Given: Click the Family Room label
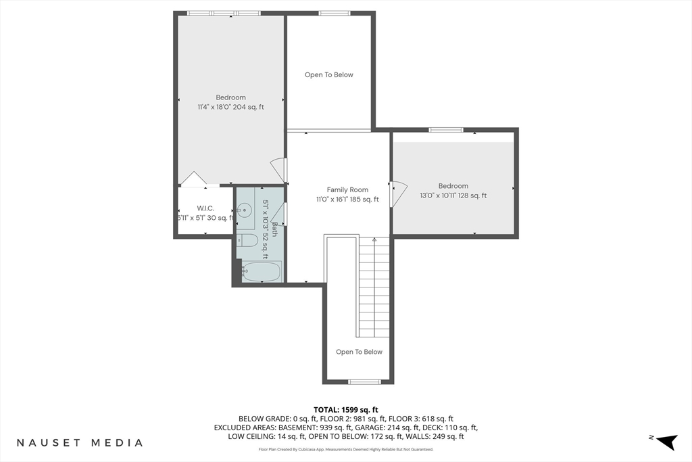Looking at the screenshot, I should [x=347, y=190].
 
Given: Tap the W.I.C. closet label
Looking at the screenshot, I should [x=205, y=208].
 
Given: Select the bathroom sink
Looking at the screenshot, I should [x=245, y=209].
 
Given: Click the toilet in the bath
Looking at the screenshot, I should [x=247, y=240].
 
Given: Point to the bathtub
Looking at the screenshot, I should [x=261, y=271].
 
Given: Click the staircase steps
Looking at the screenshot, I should [x=374, y=287].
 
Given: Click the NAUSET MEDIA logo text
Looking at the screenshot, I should [x=80, y=443].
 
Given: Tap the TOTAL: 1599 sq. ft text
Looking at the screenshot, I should [x=346, y=409].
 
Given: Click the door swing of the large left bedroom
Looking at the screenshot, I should [x=278, y=169].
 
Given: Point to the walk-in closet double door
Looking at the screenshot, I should [x=194, y=179].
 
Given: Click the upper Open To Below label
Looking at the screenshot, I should [x=329, y=75].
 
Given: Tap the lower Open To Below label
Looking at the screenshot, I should [x=359, y=352].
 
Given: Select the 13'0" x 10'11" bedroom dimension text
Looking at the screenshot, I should [x=453, y=195].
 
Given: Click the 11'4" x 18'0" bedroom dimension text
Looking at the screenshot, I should [x=230, y=107].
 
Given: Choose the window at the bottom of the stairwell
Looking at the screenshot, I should [x=364, y=382].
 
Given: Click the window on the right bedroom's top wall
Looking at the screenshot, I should [x=446, y=130].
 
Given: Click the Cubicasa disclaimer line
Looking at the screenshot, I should [x=346, y=449].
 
